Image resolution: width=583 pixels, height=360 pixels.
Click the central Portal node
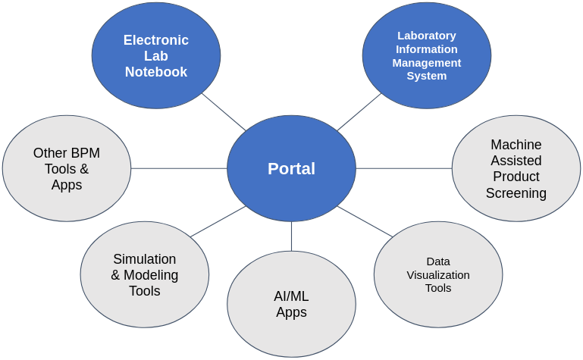tap(291, 168)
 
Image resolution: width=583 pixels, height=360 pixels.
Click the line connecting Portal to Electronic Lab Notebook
tap(224, 111)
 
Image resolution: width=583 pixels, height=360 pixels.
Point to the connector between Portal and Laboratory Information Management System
tap(359, 111)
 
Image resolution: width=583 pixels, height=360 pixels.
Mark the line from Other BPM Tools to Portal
tap(179, 168)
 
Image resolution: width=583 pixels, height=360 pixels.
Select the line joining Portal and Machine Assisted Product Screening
tap(404, 168)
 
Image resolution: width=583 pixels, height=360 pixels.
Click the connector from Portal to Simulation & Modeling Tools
tap(218, 221)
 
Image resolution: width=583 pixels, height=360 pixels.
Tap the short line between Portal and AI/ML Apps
tap(291, 236)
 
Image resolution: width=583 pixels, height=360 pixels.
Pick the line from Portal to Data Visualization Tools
tap(365, 221)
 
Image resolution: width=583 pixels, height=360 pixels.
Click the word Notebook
tap(156, 72)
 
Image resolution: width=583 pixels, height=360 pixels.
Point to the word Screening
tap(516, 193)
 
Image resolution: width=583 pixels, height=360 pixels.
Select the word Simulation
tap(144, 259)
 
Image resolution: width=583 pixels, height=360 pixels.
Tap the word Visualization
tap(438, 274)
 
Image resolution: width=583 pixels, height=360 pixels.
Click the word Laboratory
tap(426, 36)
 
